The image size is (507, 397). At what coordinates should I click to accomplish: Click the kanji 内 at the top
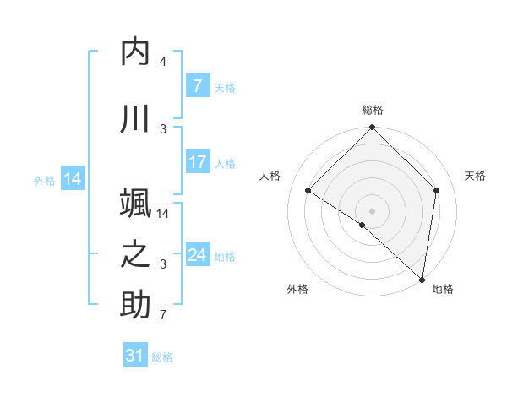pyautogui.click(x=135, y=53)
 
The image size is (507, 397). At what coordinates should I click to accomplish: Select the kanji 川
pyautogui.click(x=135, y=120)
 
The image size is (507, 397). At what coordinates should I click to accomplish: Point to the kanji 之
pyautogui.click(x=135, y=255)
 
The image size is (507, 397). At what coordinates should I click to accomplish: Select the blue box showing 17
pyautogui.click(x=197, y=162)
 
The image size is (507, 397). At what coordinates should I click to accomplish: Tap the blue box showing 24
pyautogui.click(x=197, y=255)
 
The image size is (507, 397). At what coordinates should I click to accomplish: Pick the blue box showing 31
pyautogui.click(x=135, y=356)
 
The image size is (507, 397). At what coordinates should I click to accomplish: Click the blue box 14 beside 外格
pyautogui.click(x=72, y=178)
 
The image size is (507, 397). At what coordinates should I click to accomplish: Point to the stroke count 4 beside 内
pyautogui.click(x=163, y=62)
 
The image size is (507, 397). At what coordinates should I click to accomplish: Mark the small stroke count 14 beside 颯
pyautogui.click(x=164, y=213)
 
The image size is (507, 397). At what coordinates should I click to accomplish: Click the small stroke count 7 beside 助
pyautogui.click(x=162, y=316)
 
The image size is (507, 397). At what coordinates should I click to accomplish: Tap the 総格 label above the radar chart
pyautogui.click(x=372, y=111)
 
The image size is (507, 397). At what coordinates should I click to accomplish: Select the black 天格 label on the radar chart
pyautogui.click(x=475, y=176)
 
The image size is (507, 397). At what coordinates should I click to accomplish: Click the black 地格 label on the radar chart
pyautogui.click(x=443, y=289)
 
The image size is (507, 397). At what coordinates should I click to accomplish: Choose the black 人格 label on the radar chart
pyautogui.click(x=270, y=176)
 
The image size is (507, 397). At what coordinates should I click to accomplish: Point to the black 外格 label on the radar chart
pyautogui.click(x=297, y=289)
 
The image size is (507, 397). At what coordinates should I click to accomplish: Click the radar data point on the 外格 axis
pyautogui.click(x=363, y=225)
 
